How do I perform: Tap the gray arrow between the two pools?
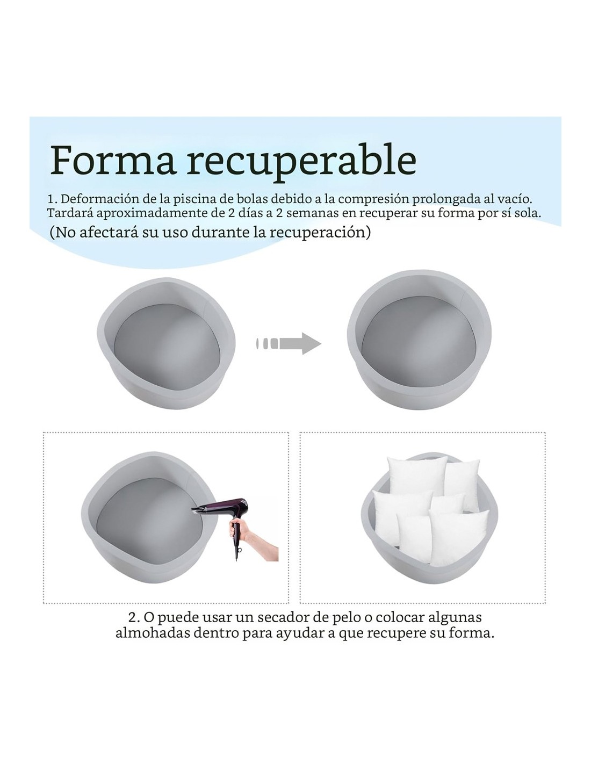(x=289, y=343)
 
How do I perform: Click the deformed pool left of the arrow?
(x=167, y=343)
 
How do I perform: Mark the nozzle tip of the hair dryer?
(x=193, y=509)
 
